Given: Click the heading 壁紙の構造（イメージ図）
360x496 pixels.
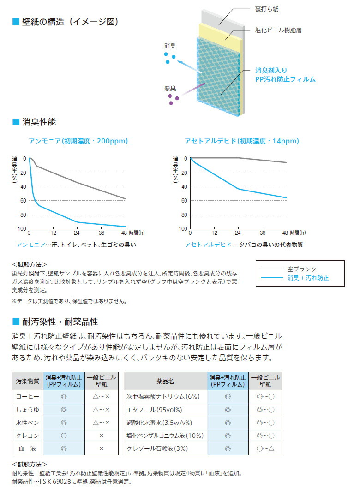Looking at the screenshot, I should click(x=69, y=22).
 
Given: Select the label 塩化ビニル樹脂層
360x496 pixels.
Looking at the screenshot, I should click(x=278, y=30).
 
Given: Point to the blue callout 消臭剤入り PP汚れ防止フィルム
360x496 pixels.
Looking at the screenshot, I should click(x=285, y=75).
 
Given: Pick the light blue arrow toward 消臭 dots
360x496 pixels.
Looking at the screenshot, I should click(x=189, y=65).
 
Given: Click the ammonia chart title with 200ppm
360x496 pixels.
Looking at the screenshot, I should click(x=78, y=141).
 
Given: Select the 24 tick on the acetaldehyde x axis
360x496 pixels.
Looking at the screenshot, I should click(x=238, y=233).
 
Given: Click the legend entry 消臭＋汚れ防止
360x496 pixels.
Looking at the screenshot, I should click(x=308, y=278).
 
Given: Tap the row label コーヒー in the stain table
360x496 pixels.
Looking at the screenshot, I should click(x=27, y=396).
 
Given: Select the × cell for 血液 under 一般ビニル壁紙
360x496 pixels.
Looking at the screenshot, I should click(x=102, y=448).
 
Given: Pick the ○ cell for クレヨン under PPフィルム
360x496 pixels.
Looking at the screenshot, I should click(x=64, y=435).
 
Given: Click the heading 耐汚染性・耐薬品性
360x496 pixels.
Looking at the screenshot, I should click(x=60, y=322).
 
